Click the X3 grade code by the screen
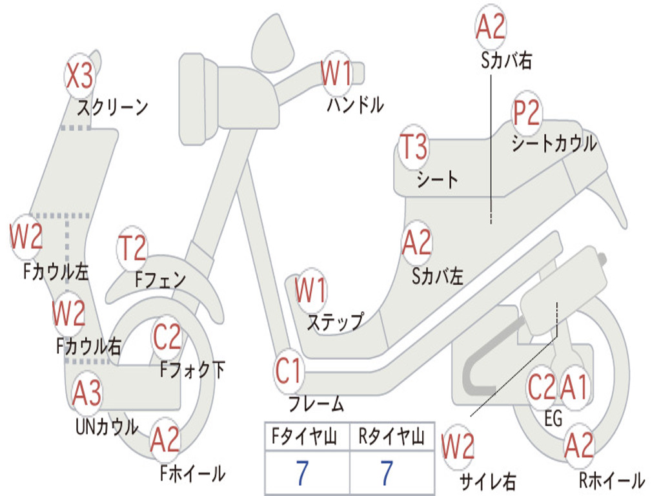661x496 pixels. (80, 77)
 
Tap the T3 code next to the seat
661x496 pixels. (414, 147)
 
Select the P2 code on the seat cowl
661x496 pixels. (527, 114)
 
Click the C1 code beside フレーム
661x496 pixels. (289, 371)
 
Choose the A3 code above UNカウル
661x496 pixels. (86, 393)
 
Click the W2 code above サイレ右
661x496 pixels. (458, 447)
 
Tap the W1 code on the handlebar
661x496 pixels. (337, 74)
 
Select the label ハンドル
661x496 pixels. (355, 104)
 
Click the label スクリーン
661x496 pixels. (113, 107)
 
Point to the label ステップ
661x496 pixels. (335, 322)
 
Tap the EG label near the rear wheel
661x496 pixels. (553, 419)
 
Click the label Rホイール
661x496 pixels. (611, 480)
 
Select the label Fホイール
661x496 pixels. (192, 473)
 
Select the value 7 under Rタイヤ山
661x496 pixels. (387, 473)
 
